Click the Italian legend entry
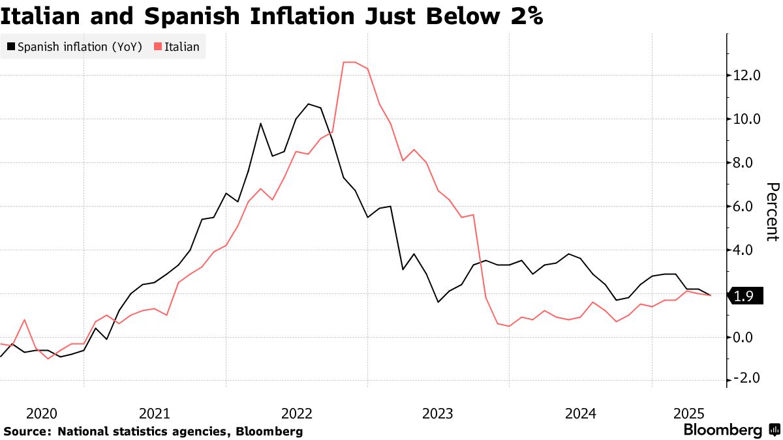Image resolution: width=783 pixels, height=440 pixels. [177, 47]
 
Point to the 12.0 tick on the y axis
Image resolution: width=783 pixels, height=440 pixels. [747, 76]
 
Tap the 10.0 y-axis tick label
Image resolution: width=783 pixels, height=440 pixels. [747, 119]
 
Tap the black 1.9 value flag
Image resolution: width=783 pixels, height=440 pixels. [743, 296]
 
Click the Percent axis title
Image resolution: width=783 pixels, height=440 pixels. [772, 212]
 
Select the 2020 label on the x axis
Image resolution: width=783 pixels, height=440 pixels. [41, 413]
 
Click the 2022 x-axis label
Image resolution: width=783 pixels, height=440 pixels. [297, 413]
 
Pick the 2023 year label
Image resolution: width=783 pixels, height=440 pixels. [438, 413]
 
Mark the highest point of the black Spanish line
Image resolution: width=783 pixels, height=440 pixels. [309, 104]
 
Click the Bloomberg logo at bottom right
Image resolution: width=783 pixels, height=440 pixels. [730, 430]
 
